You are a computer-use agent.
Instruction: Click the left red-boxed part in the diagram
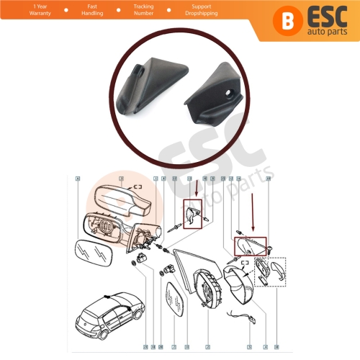193,216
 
